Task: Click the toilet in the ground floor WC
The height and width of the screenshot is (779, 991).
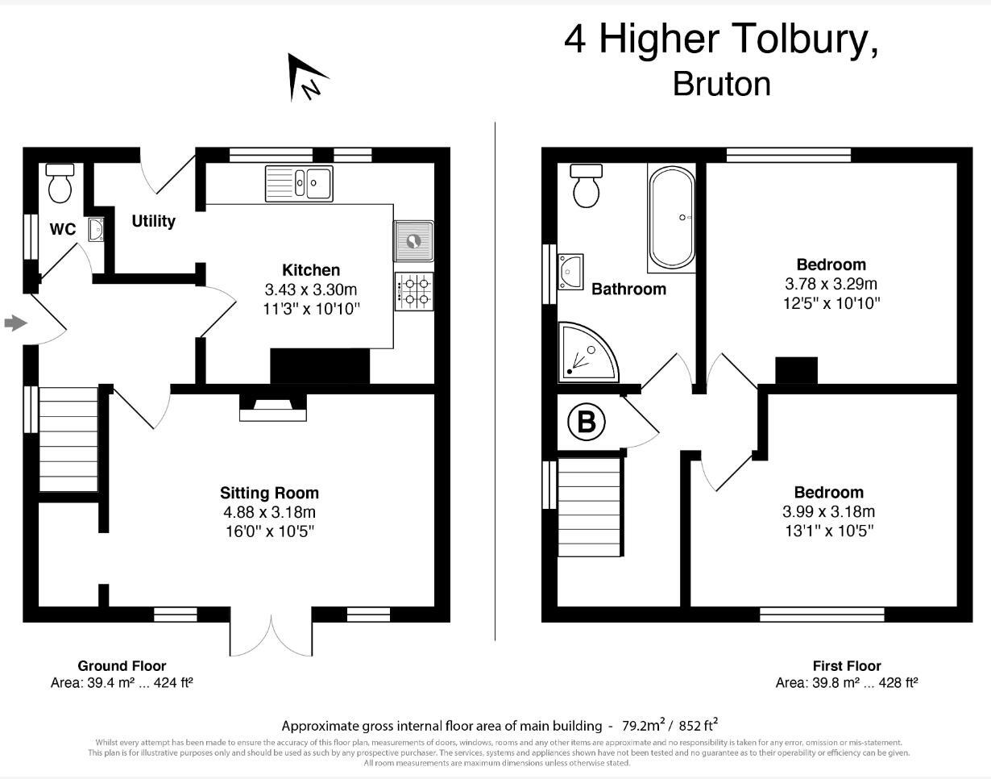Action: pos(60,183)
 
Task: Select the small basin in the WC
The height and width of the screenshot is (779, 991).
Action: pos(96,230)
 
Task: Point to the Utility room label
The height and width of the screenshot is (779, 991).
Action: pos(153,221)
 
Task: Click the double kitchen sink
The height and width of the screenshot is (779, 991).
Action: pos(299,183)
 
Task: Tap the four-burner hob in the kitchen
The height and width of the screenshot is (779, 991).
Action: pos(413,291)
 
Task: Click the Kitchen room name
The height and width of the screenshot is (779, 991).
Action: pos(311,270)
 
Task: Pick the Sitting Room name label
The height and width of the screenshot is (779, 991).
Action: pos(269,493)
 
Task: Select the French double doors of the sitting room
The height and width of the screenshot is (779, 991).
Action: pos(271,637)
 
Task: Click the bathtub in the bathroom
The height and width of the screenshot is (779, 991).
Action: pos(671,217)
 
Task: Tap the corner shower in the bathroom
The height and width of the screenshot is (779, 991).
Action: pos(586,352)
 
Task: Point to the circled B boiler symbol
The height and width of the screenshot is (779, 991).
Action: pos(587,423)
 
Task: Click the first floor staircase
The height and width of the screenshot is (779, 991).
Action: pos(590,506)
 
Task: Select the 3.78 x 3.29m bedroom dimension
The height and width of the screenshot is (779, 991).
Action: pos(831,284)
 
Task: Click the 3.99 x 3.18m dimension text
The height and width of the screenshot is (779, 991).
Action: pos(828,512)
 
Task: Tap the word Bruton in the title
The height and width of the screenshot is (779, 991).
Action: pos(721,84)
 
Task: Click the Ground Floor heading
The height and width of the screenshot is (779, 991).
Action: pos(122,666)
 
